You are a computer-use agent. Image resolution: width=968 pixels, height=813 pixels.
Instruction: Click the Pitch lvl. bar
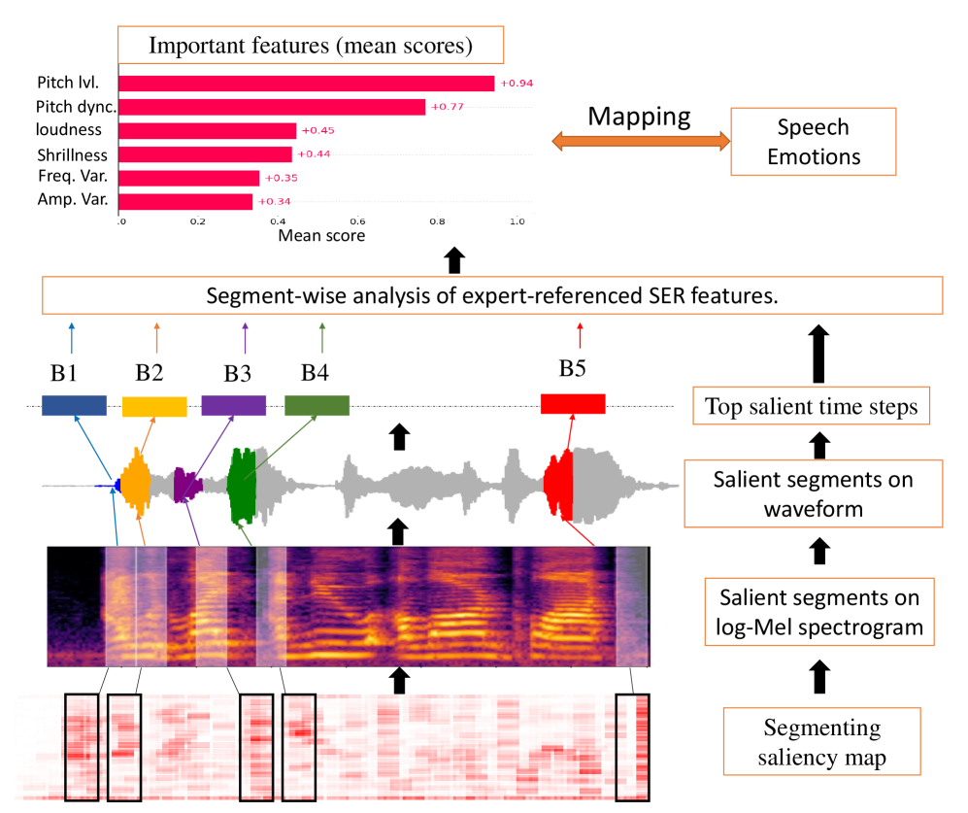(307, 84)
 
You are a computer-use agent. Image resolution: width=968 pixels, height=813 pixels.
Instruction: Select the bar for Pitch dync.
(273, 107)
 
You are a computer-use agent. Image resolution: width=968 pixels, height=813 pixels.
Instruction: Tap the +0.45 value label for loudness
(317, 130)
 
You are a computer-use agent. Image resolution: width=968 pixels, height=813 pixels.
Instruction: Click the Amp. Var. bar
(186, 201)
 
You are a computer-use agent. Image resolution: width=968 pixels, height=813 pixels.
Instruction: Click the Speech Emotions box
(813, 141)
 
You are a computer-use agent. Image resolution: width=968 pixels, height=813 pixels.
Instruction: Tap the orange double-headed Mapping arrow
(640, 142)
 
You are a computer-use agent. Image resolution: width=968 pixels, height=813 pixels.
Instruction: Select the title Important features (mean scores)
(310, 45)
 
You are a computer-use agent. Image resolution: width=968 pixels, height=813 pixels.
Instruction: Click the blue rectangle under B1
(74, 406)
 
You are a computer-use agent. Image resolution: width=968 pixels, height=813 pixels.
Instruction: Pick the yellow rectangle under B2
(154, 406)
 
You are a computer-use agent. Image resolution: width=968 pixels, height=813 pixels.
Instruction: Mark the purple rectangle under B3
(233, 406)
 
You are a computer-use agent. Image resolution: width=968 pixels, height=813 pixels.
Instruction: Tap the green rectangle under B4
(317, 406)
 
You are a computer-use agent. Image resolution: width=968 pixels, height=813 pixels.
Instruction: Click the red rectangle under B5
(573, 404)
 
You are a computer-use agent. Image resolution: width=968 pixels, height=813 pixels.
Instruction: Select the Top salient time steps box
(812, 407)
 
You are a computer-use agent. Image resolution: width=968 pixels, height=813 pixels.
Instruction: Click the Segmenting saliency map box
(821, 743)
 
